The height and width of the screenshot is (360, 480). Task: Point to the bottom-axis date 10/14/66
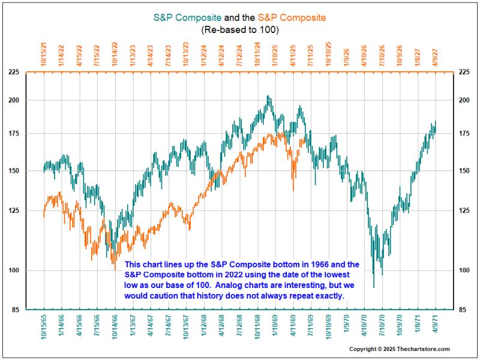click(115, 328)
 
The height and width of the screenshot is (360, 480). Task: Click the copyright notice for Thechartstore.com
click(400, 349)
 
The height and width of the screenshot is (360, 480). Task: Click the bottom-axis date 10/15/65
click(44, 328)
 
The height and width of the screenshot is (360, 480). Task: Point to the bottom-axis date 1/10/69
click(275, 326)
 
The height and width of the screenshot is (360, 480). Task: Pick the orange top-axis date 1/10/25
click(275, 54)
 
